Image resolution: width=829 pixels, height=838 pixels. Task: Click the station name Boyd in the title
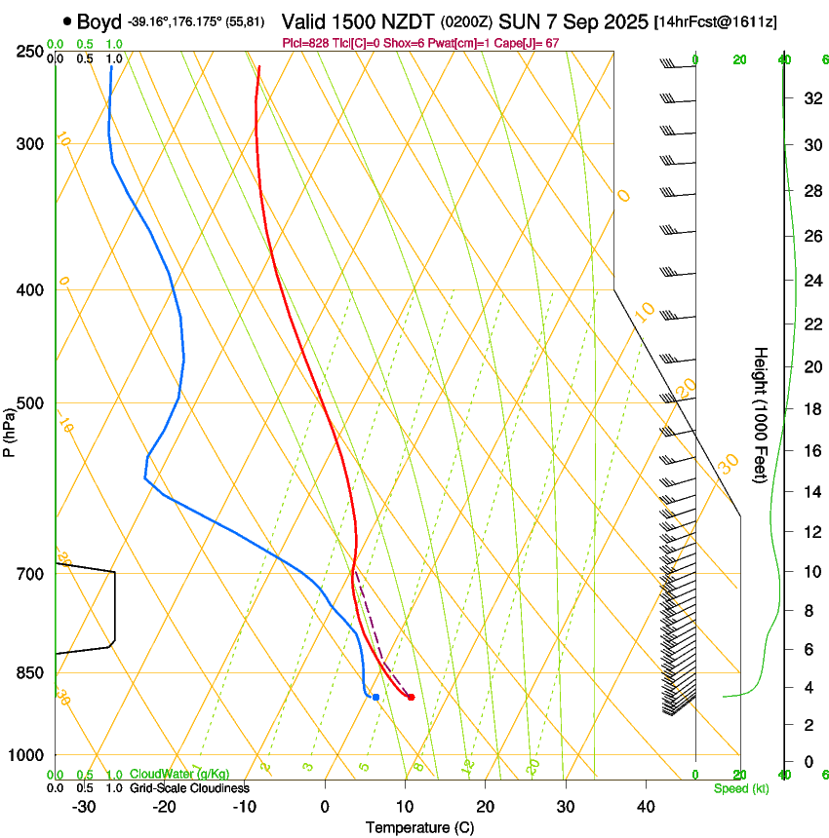coord(100,20)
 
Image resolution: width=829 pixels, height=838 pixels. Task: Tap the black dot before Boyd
coord(67,20)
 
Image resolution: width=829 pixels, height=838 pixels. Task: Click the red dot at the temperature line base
coord(411,697)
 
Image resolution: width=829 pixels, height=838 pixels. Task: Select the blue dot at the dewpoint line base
coord(375,697)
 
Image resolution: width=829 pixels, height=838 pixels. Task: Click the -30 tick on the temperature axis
coord(84,807)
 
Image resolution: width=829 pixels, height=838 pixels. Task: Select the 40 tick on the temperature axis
coord(645,807)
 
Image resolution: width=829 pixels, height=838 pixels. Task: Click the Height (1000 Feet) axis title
coord(761,414)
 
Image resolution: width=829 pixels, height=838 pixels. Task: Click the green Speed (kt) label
coord(741,788)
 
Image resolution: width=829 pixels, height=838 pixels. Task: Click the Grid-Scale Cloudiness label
coord(189,788)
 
